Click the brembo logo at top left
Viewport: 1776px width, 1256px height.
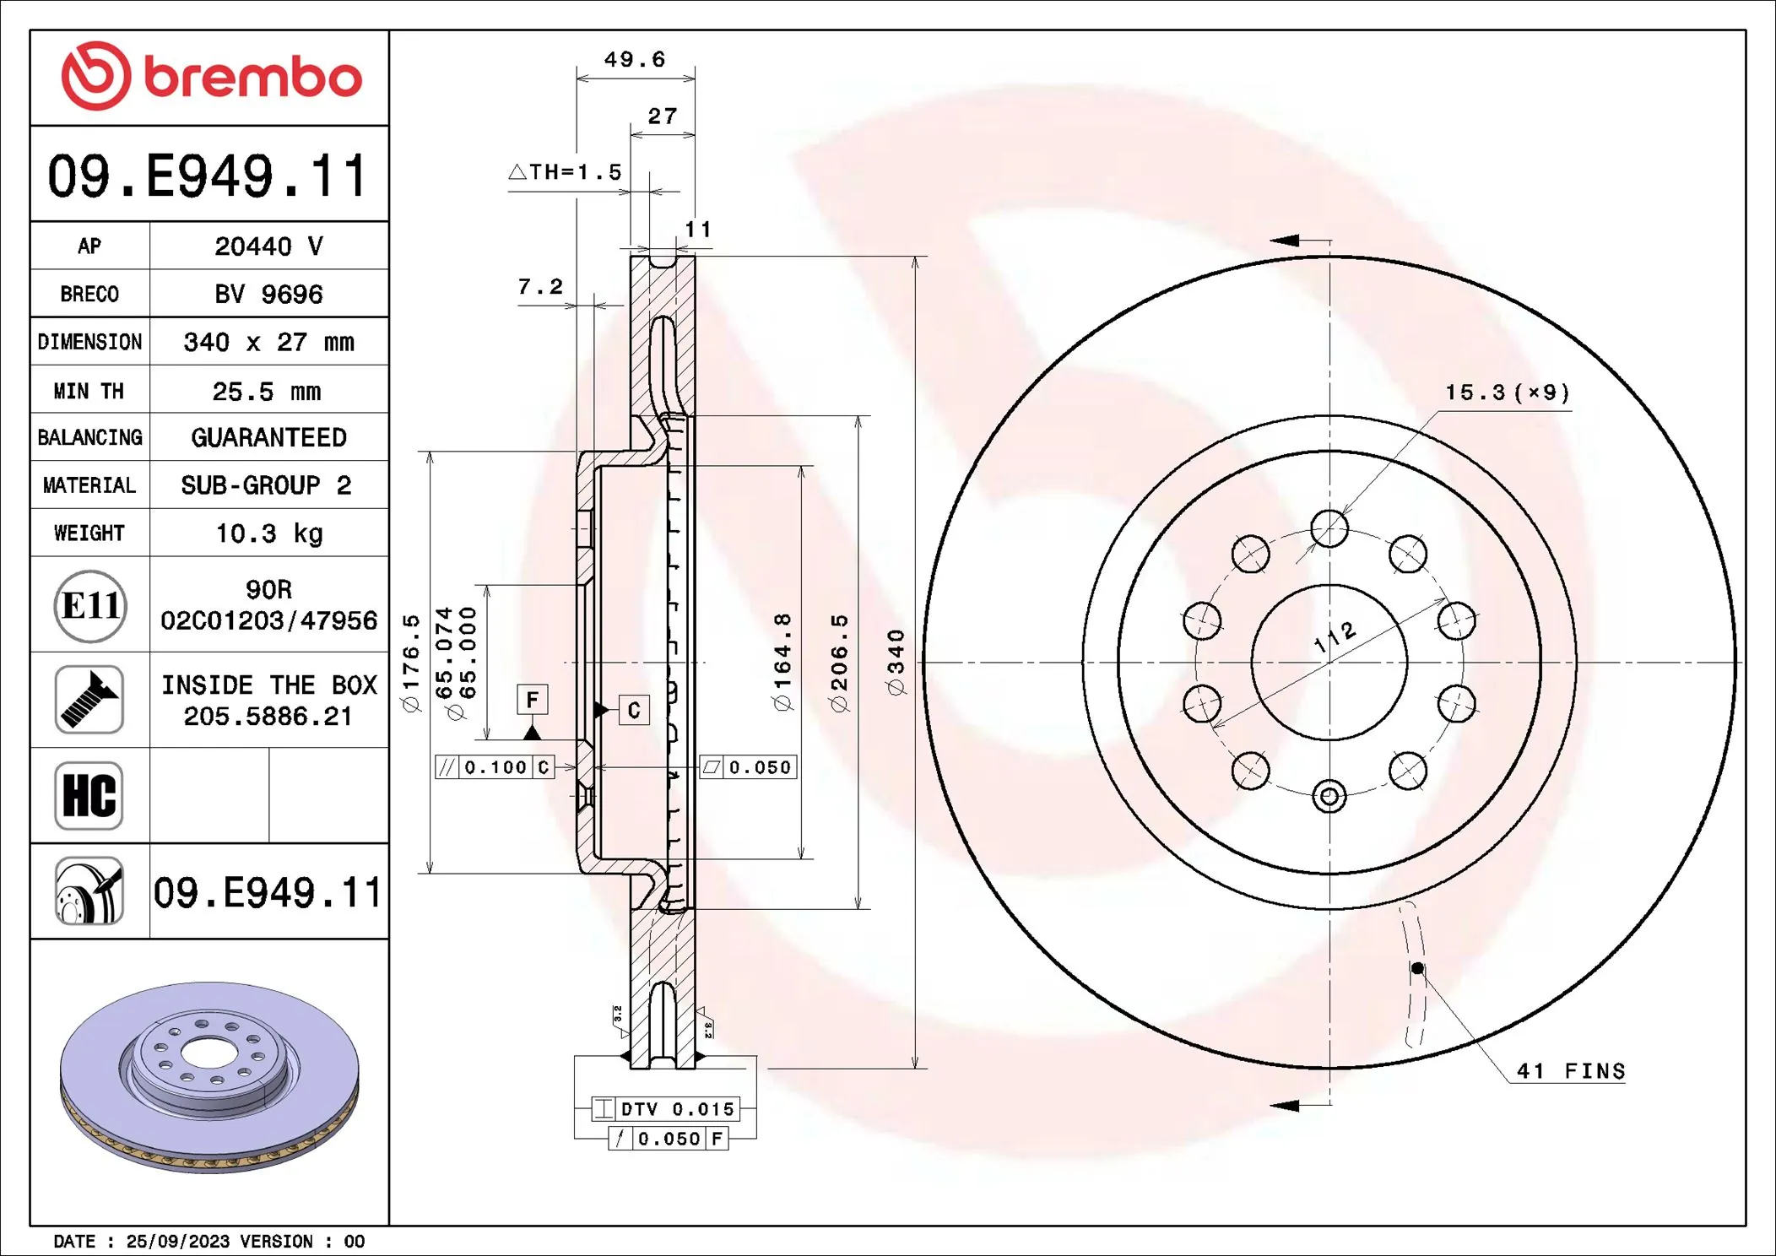click(x=211, y=76)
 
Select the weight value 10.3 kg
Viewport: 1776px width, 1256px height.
click(x=268, y=533)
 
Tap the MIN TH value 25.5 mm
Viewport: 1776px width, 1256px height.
click(x=267, y=391)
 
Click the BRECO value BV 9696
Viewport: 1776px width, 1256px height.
click(x=268, y=294)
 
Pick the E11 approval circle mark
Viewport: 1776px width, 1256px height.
click(x=90, y=605)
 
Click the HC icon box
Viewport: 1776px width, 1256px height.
click(x=89, y=795)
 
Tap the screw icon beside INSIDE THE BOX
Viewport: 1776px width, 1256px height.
click(x=89, y=699)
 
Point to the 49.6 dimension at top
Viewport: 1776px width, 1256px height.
click(x=634, y=60)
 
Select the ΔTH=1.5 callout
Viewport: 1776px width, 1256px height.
click(x=566, y=172)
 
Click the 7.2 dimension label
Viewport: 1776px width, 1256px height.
click(x=540, y=287)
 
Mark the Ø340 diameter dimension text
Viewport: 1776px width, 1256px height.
click(x=896, y=662)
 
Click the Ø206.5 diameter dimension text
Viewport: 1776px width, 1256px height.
click(x=839, y=663)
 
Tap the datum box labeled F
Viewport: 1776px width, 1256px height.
click(x=532, y=699)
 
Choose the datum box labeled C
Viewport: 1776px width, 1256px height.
click(x=633, y=710)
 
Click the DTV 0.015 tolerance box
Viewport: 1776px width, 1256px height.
click(x=667, y=1109)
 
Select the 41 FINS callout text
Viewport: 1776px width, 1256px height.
click(x=1570, y=1071)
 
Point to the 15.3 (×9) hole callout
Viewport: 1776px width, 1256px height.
click(x=1507, y=392)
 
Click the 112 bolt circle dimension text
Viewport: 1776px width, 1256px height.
click(x=1335, y=636)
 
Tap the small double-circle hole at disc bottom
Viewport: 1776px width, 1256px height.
click(x=1329, y=796)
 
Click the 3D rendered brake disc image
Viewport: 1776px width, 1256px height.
click(x=209, y=1076)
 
